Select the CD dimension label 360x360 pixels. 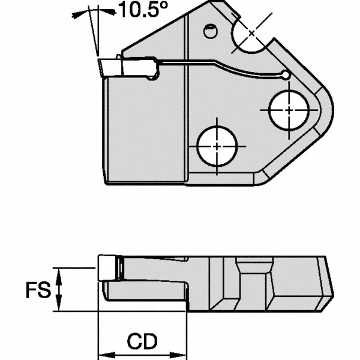(142, 341)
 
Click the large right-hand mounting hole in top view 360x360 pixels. (289, 110)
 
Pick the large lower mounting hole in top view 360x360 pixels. (217, 146)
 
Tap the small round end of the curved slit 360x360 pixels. (286, 75)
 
